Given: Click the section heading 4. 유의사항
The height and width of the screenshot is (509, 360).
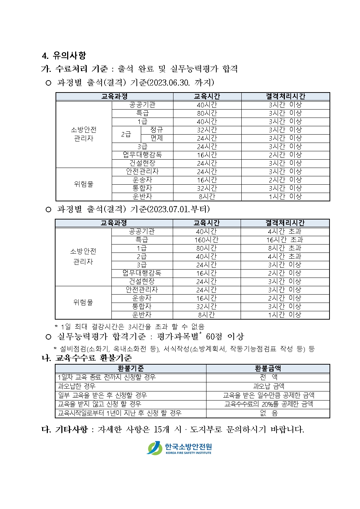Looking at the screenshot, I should pyautogui.click(x=64, y=56).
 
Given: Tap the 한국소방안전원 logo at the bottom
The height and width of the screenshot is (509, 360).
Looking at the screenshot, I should pyautogui.click(x=179, y=448).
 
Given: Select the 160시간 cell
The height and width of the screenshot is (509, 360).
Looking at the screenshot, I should pyautogui.click(x=206, y=240).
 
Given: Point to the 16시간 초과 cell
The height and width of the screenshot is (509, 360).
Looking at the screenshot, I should pyautogui.click(x=285, y=240).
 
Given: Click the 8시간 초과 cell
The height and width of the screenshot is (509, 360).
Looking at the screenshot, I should pyautogui.click(x=285, y=248).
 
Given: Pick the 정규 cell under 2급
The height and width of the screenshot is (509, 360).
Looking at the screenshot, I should pyautogui.click(x=156, y=130).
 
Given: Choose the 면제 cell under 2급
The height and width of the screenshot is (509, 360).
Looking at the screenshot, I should pyautogui.click(x=156, y=138).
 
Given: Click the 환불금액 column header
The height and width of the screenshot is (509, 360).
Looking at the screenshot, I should pyautogui.click(x=268, y=369).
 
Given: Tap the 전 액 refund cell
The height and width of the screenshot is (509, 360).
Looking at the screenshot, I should pyautogui.click(x=268, y=377).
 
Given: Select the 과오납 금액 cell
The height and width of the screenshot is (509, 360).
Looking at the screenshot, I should pyautogui.click(x=268, y=386).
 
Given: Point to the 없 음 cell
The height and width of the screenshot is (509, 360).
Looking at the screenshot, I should pyautogui.click(x=268, y=413).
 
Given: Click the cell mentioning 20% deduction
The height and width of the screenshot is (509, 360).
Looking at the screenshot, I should pyautogui.click(x=268, y=404).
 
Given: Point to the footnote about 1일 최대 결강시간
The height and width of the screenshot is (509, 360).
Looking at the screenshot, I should pyautogui.click(x=129, y=327).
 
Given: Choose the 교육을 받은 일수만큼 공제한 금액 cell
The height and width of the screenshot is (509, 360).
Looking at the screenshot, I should pyautogui.click(x=268, y=395).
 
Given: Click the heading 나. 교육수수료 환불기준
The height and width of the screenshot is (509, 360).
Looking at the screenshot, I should pyautogui.click(x=87, y=358).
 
